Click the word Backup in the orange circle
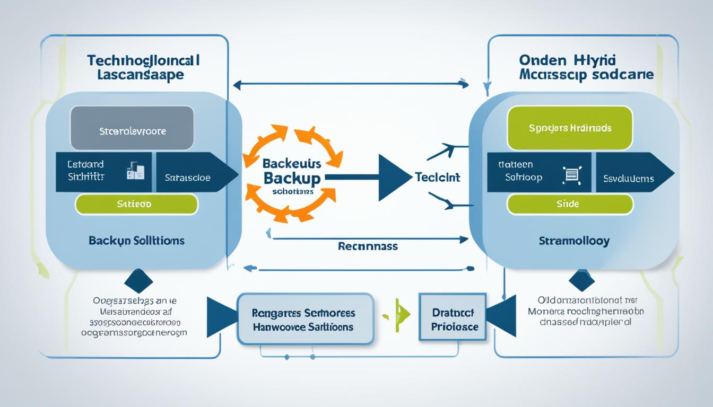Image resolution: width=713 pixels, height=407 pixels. pos(292,178)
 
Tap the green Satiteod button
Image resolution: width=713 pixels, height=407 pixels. pos(136,204)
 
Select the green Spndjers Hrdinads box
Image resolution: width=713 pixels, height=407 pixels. pos(570,128)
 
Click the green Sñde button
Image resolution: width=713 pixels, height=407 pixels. pos(570,204)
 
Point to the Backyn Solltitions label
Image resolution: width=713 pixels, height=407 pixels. pos(137,241)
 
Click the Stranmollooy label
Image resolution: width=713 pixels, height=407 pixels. pos(574,241)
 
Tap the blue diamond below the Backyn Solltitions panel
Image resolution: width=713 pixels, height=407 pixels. pos(138,281)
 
